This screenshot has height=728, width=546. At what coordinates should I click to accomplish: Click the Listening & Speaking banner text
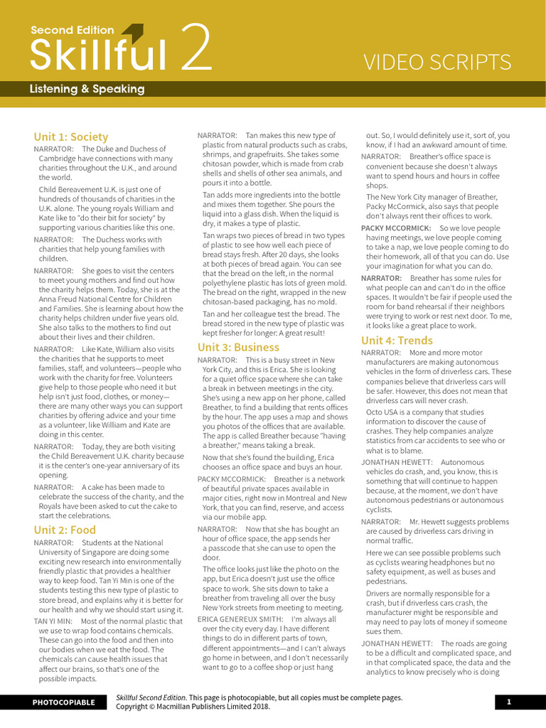pyautogui.click(x=87, y=90)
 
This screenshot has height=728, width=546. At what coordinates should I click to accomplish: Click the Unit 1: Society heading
pyautogui.click(x=71, y=136)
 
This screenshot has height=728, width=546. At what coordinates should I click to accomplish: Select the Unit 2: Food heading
pyautogui.click(x=65, y=530)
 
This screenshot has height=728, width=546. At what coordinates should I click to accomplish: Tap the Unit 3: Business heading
pyautogui.click(x=238, y=347)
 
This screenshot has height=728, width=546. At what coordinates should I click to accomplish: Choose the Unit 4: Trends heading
pyautogui.click(x=397, y=340)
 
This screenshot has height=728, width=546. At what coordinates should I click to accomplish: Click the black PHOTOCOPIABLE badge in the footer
pyautogui.click(x=63, y=702)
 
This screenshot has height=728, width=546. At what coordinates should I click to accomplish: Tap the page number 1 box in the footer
pyautogui.click(x=509, y=702)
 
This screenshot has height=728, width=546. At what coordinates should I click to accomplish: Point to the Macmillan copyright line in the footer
pyautogui.click(x=193, y=707)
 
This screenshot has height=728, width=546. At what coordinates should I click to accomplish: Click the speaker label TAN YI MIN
pyautogui.click(x=53, y=621)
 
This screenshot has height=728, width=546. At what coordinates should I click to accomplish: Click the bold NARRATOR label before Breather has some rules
pyautogui.click(x=381, y=278)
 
